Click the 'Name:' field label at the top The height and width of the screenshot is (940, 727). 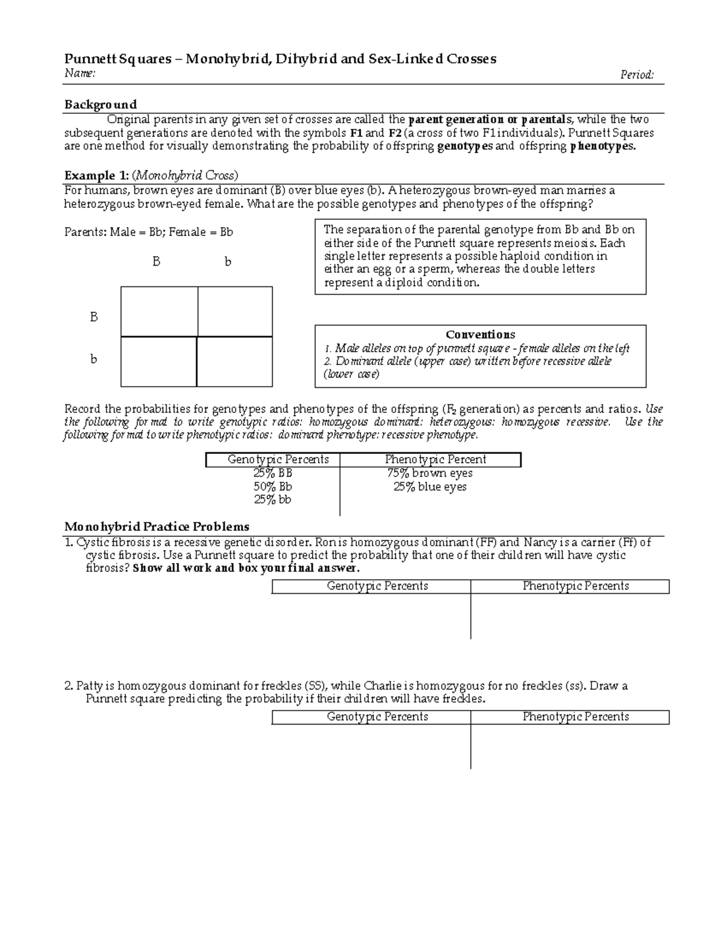pyautogui.click(x=79, y=74)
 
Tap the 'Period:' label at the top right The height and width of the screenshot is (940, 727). pyautogui.click(x=637, y=74)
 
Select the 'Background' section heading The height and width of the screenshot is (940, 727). pyautogui.click(x=101, y=104)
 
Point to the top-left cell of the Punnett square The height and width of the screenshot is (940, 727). pyautogui.click(x=159, y=311)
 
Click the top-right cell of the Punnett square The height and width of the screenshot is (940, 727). pyautogui.click(x=235, y=311)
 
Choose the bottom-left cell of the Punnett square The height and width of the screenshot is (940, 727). pyautogui.click(x=159, y=361)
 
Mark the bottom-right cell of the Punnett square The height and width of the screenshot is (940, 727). pyautogui.click(x=235, y=361)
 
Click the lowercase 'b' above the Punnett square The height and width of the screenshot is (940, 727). pyautogui.click(x=228, y=262)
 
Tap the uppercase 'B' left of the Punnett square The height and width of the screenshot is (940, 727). pyautogui.click(x=94, y=317)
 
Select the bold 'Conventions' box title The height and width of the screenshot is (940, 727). pyautogui.click(x=480, y=335)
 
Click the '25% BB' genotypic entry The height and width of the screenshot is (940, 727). pyautogui.click(x=273, y=473)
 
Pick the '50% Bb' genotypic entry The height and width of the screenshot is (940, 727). pyautogui.click(x=273, y=487)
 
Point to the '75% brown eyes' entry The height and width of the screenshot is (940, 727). pyautogui.click(x=430, y=473)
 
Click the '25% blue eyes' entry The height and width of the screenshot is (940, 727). pyautogui.click(x=430, y=487)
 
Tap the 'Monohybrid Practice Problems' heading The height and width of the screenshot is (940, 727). pyautogui.click(x=157, y=526)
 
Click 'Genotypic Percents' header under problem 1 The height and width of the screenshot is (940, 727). pyautogui.click(x=377, y=586)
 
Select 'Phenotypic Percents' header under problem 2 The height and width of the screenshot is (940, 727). pyautogui.click(x=576, y=717)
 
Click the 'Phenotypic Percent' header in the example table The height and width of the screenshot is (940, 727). pyautogui.click(x=436, y=459)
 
